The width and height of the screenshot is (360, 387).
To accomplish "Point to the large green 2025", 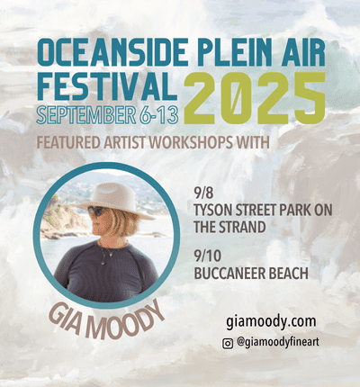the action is (255, 98).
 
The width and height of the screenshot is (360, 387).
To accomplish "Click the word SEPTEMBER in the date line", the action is (85, 114).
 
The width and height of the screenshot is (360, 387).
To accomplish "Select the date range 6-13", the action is (158, 114).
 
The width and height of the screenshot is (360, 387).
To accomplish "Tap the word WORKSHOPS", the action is (191, 142).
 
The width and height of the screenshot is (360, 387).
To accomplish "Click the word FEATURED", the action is (67, 142).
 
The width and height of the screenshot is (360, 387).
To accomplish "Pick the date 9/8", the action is (203, 193).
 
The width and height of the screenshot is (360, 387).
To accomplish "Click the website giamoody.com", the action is (271, 321).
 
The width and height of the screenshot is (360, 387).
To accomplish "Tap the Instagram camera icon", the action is (228, 343).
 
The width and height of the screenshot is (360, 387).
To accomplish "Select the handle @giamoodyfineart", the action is (277, 343).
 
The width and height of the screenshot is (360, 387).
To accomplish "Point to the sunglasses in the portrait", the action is (97, 211).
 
